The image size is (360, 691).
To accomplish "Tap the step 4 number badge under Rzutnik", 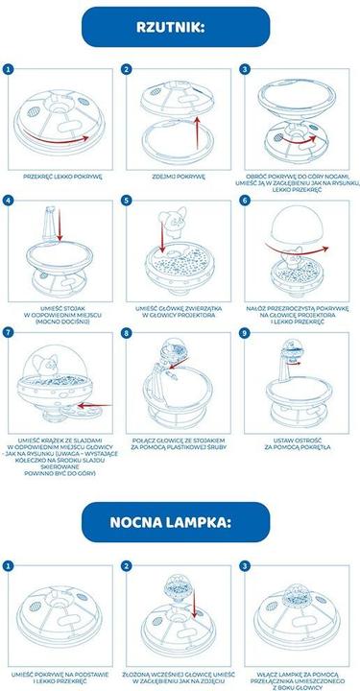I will point(9,202).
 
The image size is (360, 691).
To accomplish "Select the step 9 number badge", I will point(245,332).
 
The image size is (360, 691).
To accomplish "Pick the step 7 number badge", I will point(9,332).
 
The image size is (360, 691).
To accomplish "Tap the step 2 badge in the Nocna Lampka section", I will point(127,565).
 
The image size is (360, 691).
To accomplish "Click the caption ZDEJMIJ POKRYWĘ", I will point(180,176).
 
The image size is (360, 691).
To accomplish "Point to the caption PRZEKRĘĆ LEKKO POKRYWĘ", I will point(60,176).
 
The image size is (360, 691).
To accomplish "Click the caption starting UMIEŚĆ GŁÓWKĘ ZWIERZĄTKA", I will point(180,310).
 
